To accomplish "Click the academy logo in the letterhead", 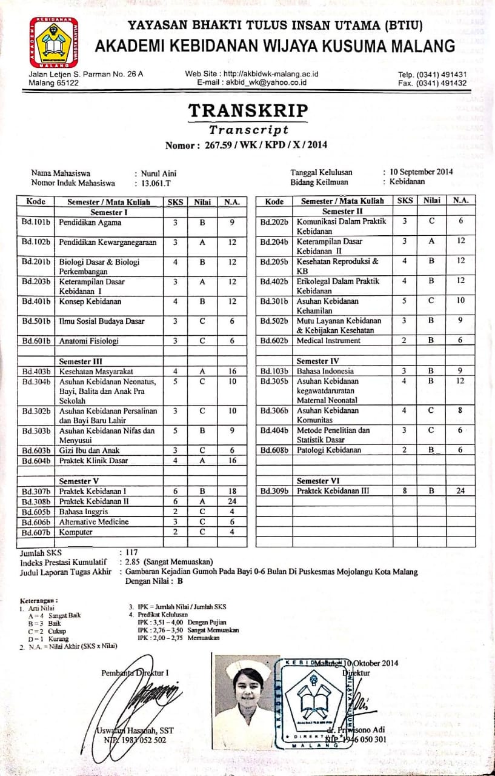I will tap(54, 42).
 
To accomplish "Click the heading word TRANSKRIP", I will tap(248, 111).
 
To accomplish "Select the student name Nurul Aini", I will tap(158, 173).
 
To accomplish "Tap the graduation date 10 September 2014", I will tap(422, 172).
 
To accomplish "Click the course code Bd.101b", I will tap(36, 222).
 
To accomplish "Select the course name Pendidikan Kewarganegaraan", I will tap(108, 242).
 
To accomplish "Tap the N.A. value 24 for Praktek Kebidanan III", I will tap(460, 491).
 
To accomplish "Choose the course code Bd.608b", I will tap(274, 450).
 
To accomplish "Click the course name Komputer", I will tap(76, 532).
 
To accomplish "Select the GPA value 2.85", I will tap(135, 562).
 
